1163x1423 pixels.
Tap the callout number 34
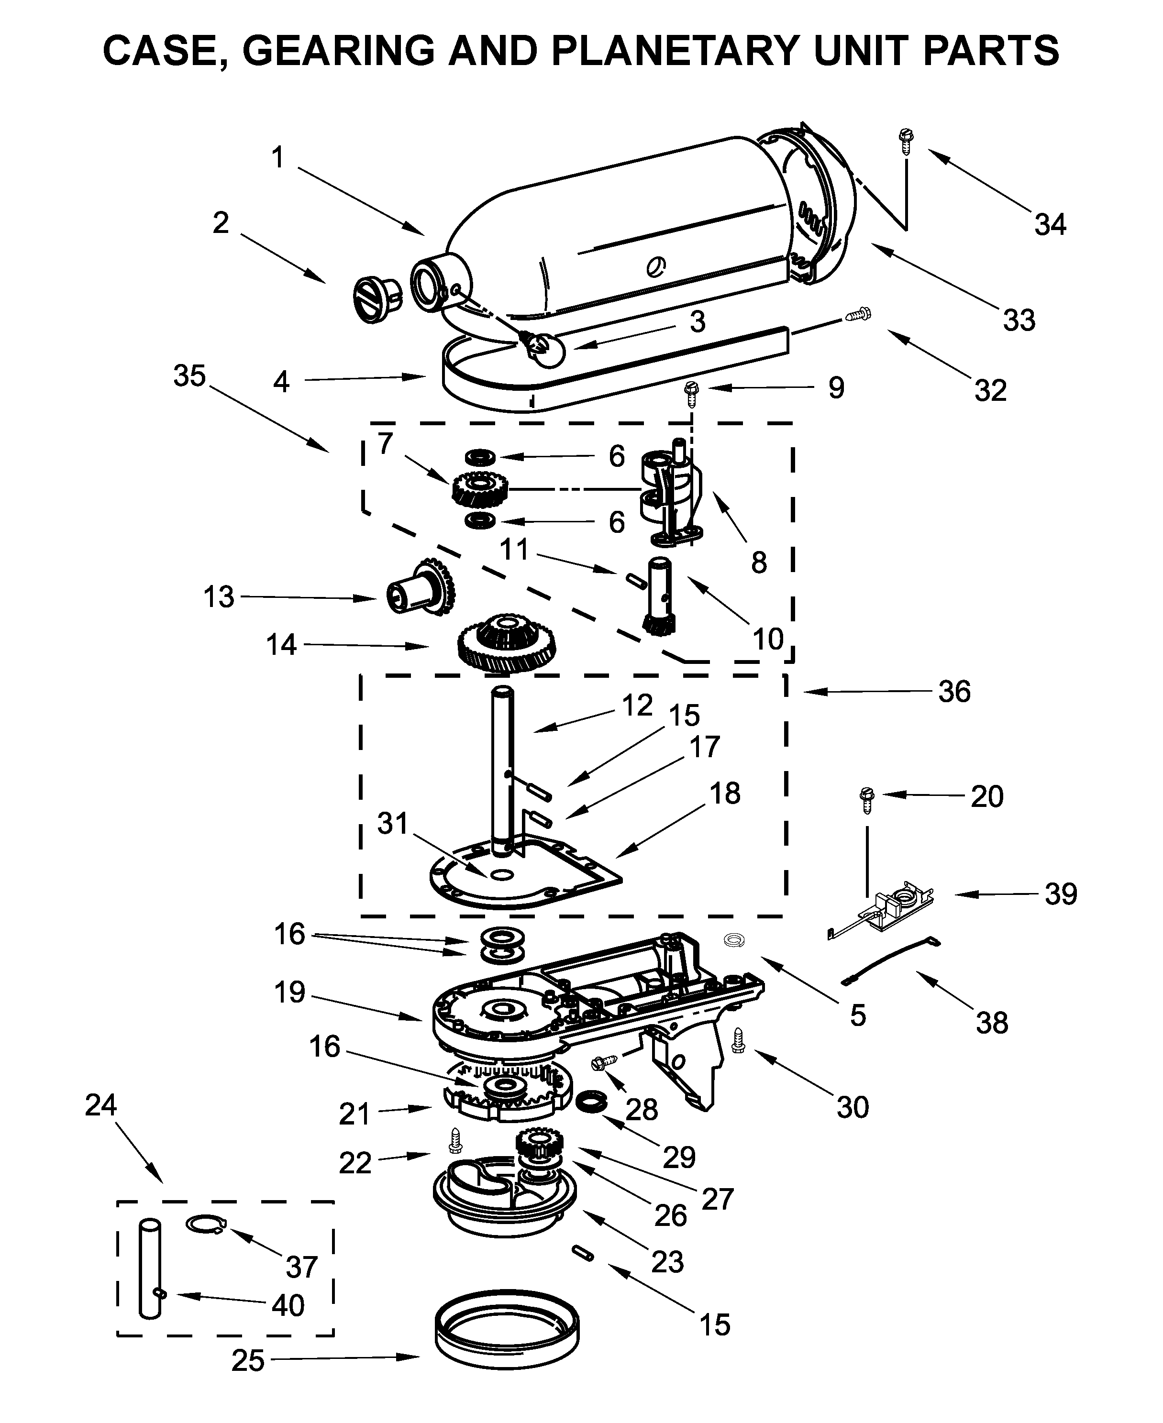click(x=1050, y=224)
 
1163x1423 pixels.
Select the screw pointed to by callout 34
click(x=906, y=141)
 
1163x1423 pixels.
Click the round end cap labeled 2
click(x=376, y=300)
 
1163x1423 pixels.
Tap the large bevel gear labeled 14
click(x=507, y=646)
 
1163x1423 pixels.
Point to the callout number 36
click(x=954, y=691)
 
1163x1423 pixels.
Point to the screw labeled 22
click(x=455, y=1140)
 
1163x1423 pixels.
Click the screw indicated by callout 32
click(x=857, y=314)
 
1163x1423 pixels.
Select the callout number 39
click(x=1061, y=894)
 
